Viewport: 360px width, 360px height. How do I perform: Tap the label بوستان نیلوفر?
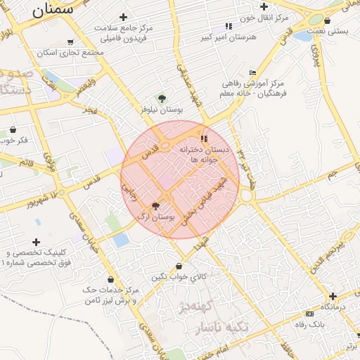click(162, 110)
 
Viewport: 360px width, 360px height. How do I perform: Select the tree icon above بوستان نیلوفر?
click(162, 99)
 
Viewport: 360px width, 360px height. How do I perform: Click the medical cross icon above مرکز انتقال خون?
click(264, 6)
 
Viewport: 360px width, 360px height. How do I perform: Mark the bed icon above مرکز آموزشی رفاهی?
click(253, 72)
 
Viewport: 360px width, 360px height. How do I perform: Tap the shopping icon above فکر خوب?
click(13, 129)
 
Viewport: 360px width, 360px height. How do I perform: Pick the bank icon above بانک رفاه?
click(309, 314)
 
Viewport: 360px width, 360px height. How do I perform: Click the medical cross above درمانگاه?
click(333, 296)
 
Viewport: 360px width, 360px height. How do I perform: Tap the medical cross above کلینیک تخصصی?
click(37, 241)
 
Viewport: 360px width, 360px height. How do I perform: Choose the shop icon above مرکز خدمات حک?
click(111, 280)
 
